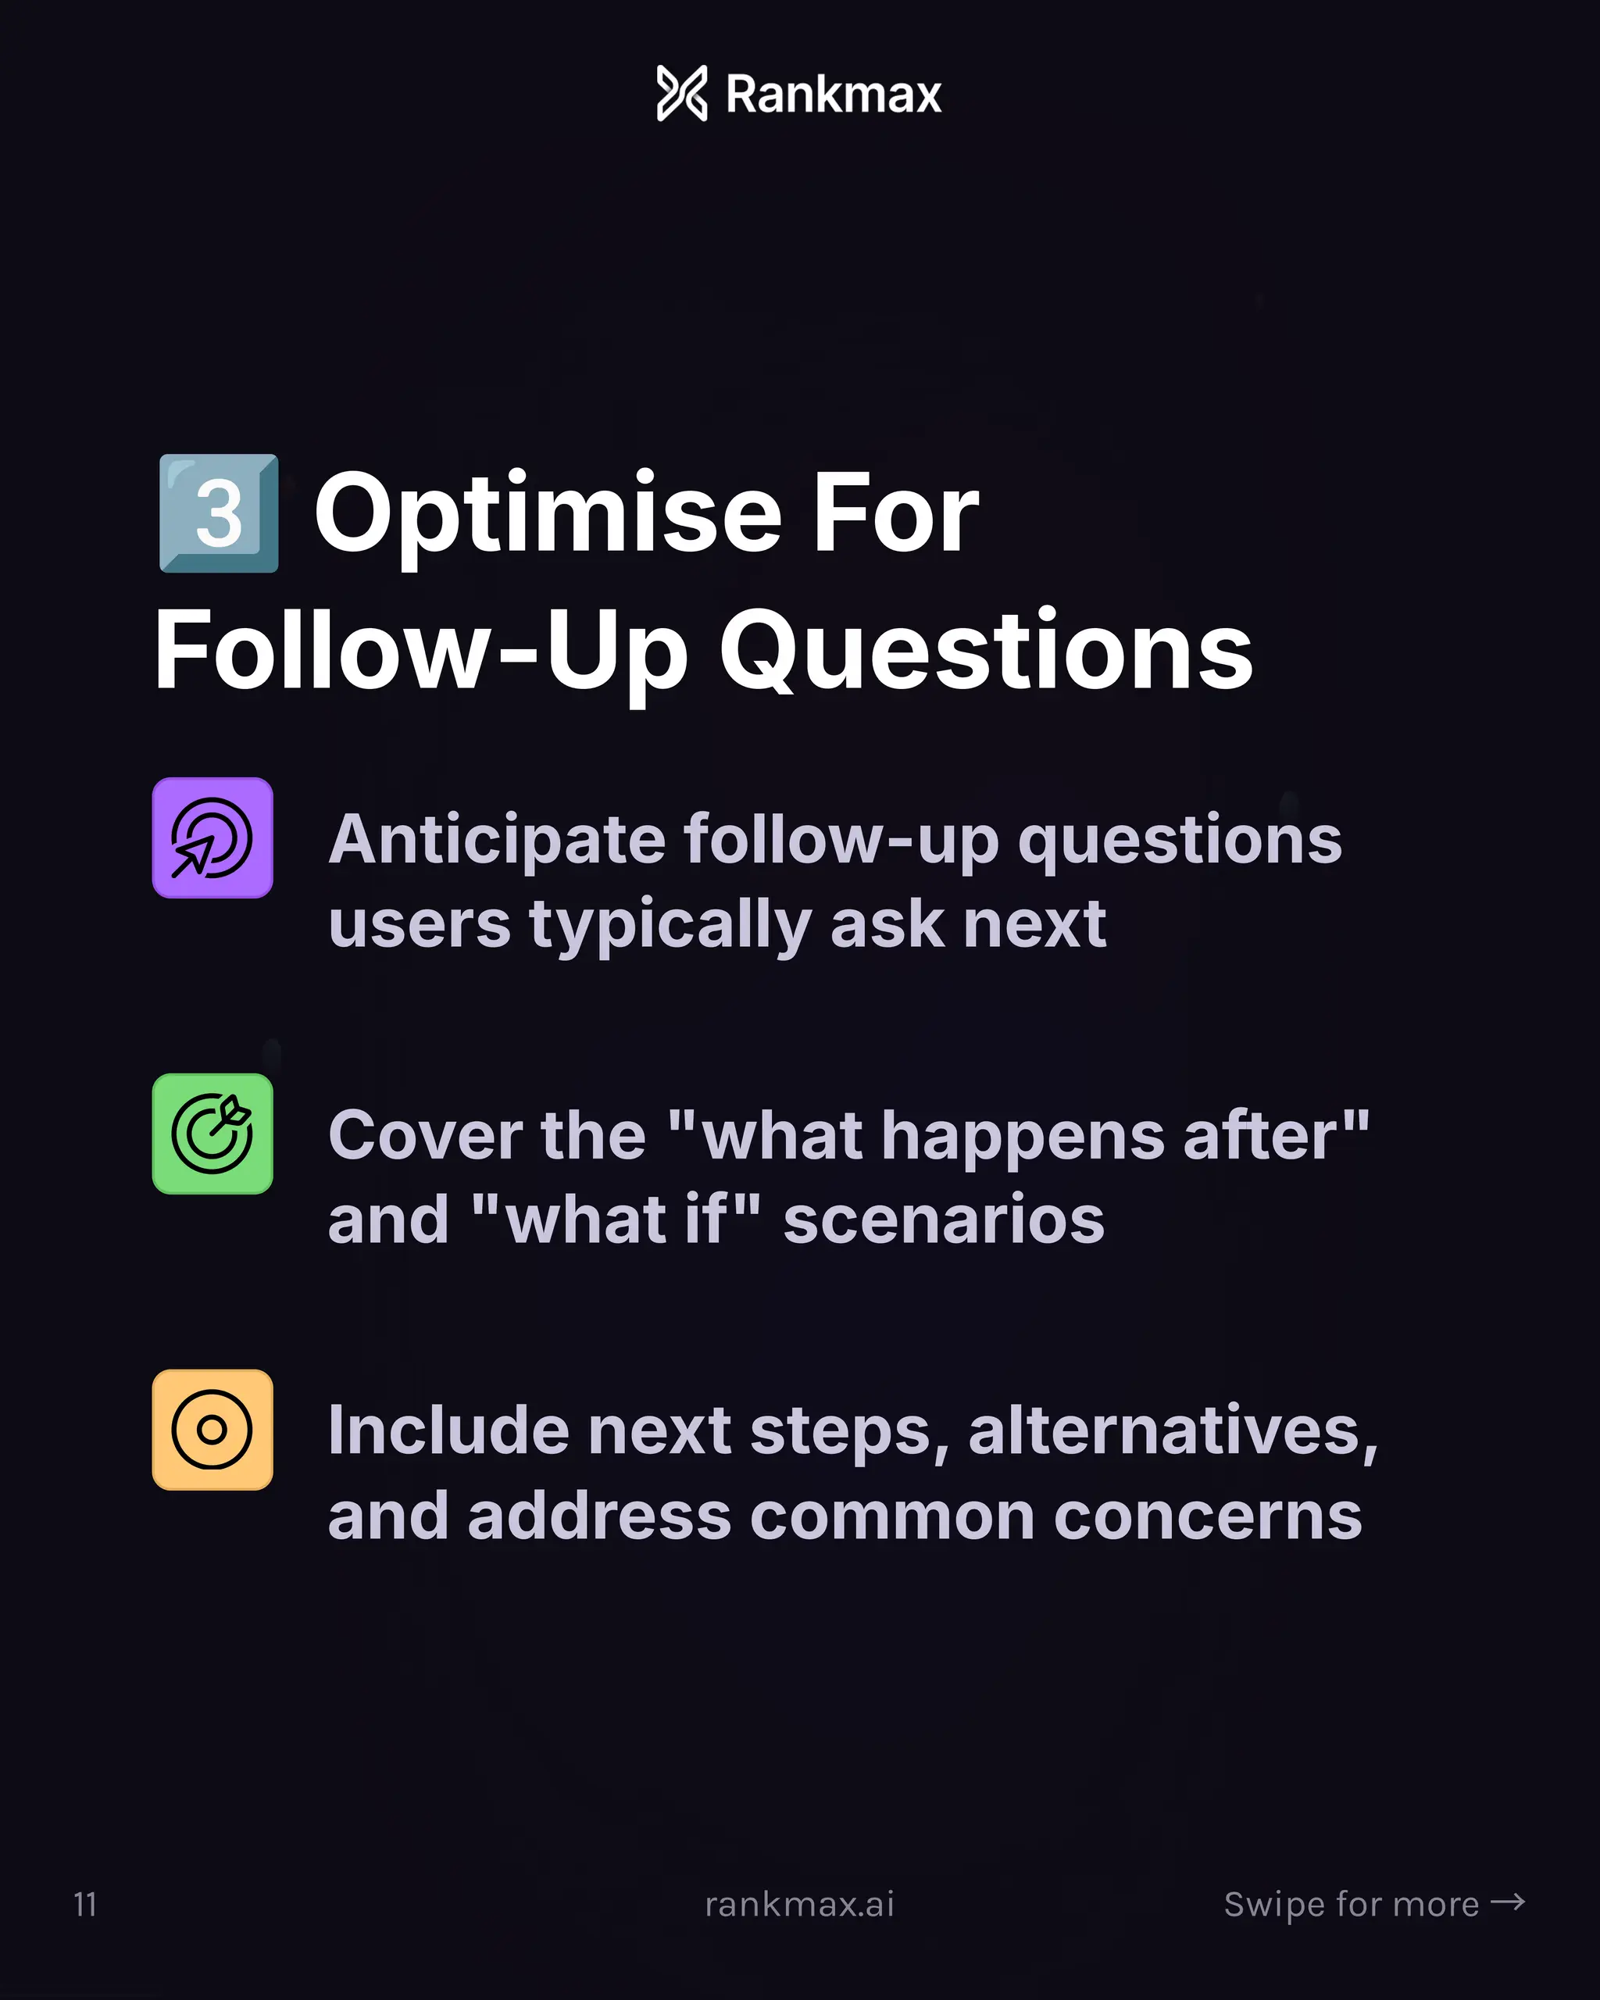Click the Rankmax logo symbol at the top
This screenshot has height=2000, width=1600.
(682, 93)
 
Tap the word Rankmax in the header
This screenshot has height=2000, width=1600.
(833, 95)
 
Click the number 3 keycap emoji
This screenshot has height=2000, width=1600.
(219, 513)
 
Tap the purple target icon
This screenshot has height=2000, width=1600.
(212, 837)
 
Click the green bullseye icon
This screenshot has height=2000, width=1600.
(212, 1134)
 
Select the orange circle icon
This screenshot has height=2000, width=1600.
(212, 1430)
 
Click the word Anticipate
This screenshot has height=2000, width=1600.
(497, 840)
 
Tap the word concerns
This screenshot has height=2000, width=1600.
(1208, 1516)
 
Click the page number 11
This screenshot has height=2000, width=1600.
(84, 1905)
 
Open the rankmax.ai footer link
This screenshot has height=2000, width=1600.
(799, 1905)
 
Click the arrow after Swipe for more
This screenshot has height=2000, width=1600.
(1507, 1902)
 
